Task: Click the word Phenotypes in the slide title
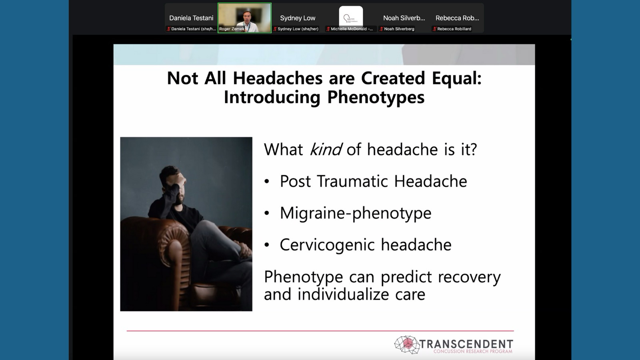(376, 98)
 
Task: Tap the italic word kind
(326, 149)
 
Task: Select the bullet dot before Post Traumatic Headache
(267, 182)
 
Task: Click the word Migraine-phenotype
(356, 214)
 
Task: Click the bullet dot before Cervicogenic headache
(267, 245)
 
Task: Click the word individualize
(343, 294)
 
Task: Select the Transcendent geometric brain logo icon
(407, 344)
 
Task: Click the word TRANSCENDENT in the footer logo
(466, 344)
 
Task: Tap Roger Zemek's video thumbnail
(244, 18)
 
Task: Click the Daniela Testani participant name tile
(191, 18)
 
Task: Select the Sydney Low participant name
(298, 18)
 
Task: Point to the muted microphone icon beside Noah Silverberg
(381, 29)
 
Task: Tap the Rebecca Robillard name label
(454, 29)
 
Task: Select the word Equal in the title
(456, 78)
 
